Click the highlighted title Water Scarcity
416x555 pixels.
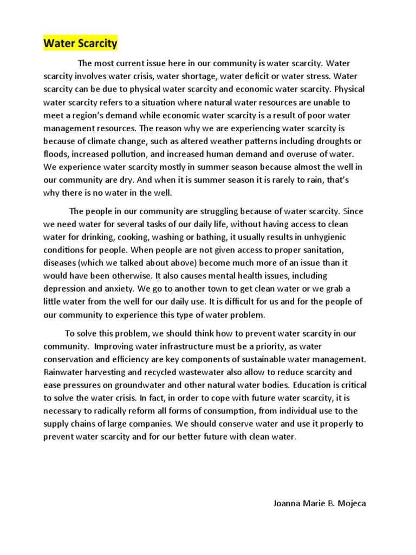[80, 43]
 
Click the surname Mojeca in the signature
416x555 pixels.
[350, 504]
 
